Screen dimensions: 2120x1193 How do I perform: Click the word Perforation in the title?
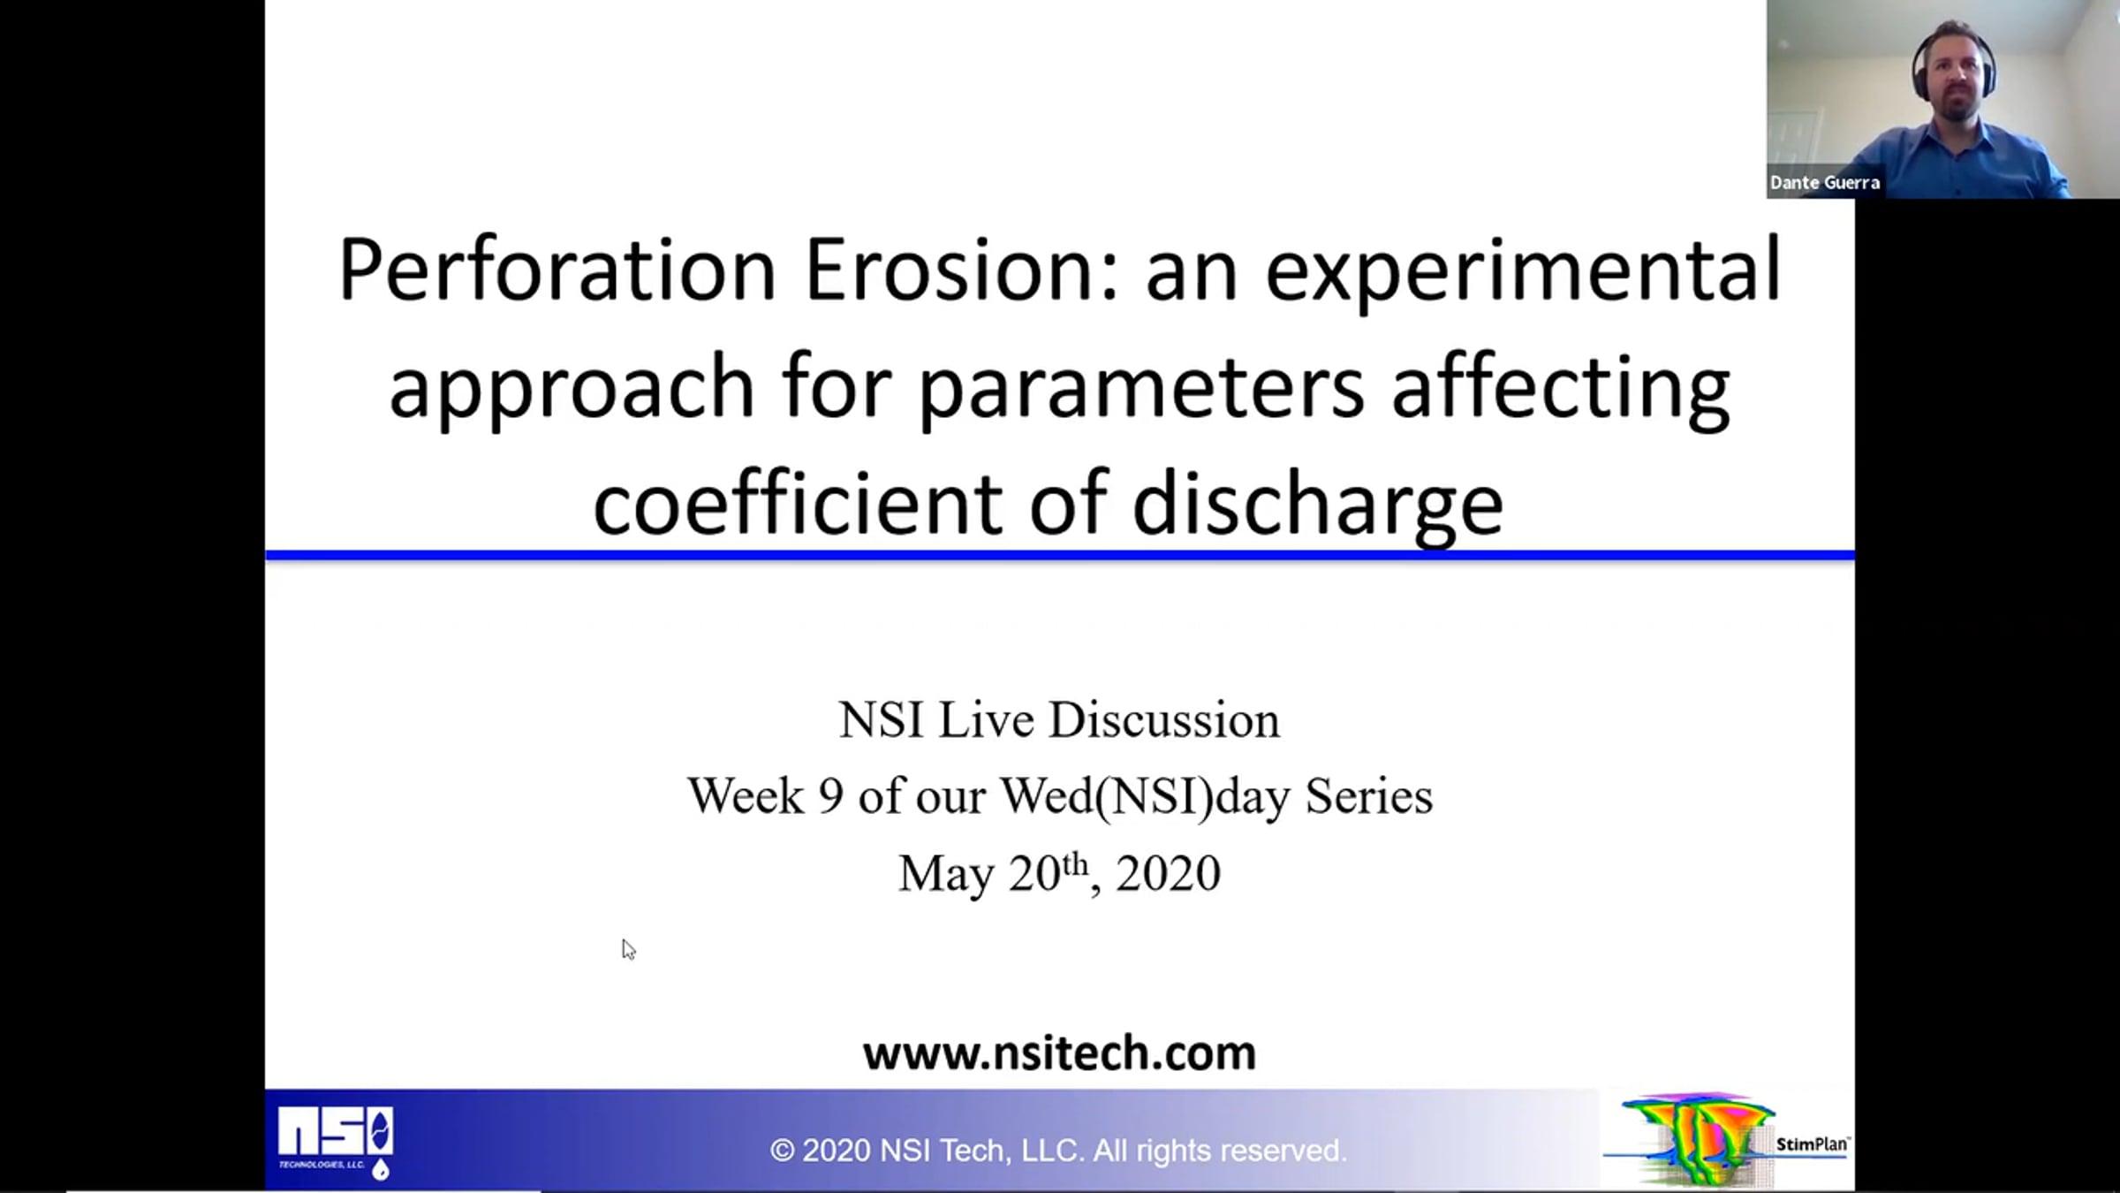(x=557, y=270)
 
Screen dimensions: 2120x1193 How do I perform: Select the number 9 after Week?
(x=830, y=796)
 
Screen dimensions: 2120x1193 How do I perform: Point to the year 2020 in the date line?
(x=1168, y=874)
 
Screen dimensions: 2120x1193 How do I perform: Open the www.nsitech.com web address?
(x=1059, y=1053)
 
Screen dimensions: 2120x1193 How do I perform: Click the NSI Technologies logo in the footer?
(x=336, y=1142)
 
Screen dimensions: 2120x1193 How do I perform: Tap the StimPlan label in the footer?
(x=1812, y=1144)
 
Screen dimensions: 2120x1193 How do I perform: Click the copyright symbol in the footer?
(x=782, y=1151)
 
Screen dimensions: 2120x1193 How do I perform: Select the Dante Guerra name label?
(x=1824, y=183)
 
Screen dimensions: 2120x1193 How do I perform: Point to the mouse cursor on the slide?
(x=628, y=949)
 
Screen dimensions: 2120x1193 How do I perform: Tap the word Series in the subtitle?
(x=1369, y=796)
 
